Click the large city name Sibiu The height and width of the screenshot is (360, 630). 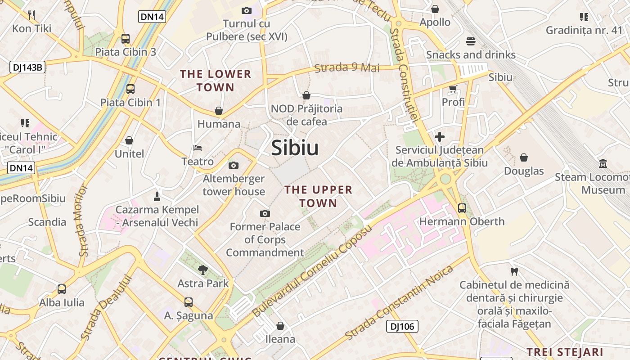pyautogui.click(x=295, y=148)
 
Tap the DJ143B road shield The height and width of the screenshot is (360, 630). pyautogui.click(x=27, y=67)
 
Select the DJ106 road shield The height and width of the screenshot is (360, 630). pyautogui.click(x=402, y=326)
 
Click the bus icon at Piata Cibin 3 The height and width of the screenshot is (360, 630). pyautogui.click(x=126, y=39)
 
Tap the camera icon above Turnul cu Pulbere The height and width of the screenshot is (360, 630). pyautogui.click(x=246, y=10)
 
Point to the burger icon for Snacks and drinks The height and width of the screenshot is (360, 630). pyautogui.click(x=471, y=41)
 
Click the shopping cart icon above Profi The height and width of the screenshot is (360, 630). pyautogui.click(x=453, y=89)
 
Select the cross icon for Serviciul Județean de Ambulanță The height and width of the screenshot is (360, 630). pyautogui.click(x=440, y=136)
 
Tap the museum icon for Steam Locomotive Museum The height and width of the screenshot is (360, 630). pyautogui.click(x=603, y=164)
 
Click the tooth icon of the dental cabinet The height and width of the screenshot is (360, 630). pyautogui.click(x=514, y=271)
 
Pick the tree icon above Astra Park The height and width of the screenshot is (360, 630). pyautogui.click(x=203, y=270)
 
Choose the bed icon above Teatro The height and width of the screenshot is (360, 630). pyautogui.click(x=198, y=148)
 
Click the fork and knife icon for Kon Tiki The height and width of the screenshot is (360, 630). pyautogui.click(x=31, y=15)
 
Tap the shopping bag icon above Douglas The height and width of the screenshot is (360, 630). pyautogui.click(x=524, y=157)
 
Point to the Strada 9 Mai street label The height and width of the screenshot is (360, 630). pyautogui.click(x=346, y=68)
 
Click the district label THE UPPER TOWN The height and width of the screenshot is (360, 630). pyautogui.click(x=318, y=196)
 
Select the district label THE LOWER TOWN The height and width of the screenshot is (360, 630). pyautogui.click(x=216, y=81)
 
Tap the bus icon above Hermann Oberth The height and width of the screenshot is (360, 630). pyautogui.click(x=462, y=208)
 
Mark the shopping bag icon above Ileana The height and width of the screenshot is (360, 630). pyautogui.click(x=280, y=325)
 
